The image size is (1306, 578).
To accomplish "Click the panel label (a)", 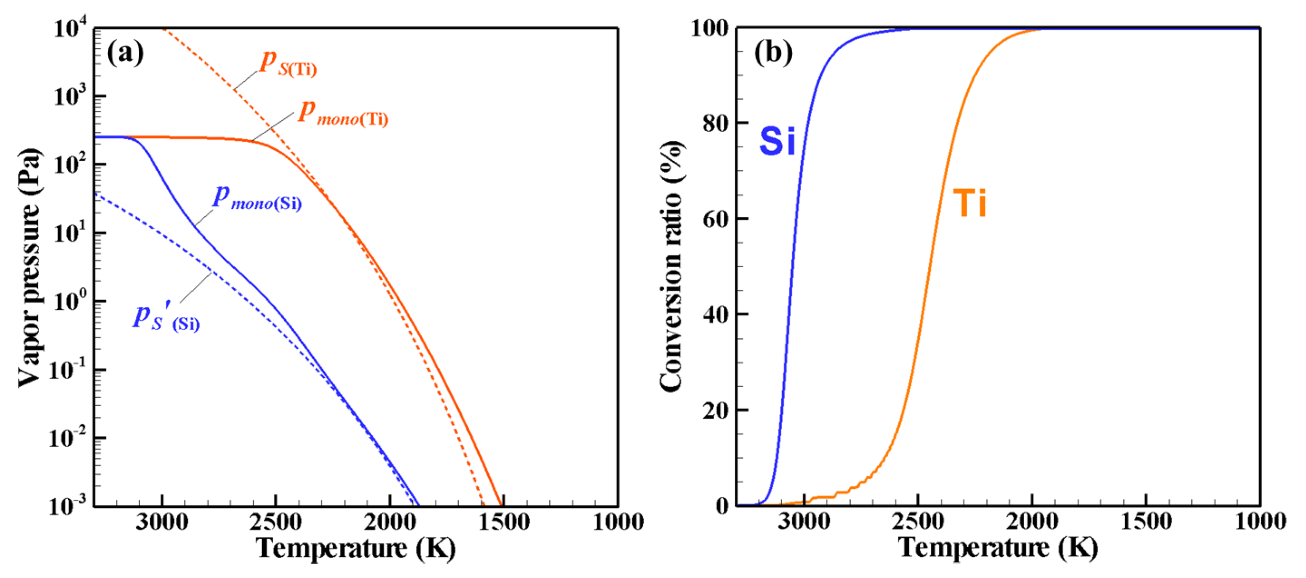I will point(125,53).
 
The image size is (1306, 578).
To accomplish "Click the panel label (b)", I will point(772,53).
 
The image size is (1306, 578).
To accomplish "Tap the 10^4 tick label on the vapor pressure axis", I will point(71,28).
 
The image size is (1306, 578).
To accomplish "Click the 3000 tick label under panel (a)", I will point(162,522).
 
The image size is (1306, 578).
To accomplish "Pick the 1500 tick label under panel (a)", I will point(504,522).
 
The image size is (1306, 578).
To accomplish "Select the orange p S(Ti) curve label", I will point(288,64).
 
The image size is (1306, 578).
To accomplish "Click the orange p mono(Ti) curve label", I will point(343,114).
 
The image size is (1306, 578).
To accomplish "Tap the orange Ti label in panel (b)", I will point(969,203).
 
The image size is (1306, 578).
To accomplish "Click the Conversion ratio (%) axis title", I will point(672,266).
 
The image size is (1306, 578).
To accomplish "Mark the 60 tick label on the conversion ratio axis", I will point(716,219).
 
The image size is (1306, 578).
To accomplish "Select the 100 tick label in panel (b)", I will point(710,29).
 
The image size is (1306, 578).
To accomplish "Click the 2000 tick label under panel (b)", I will point(1032,522).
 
